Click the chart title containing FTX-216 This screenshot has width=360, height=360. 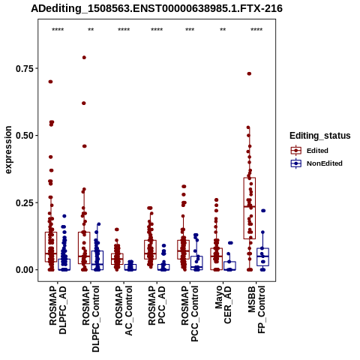157,8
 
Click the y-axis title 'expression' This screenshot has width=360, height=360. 8,150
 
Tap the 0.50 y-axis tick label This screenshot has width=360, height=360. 25,136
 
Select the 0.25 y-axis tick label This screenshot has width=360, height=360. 25,202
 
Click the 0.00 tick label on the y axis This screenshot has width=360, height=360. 25,270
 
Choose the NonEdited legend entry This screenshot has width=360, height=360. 316,163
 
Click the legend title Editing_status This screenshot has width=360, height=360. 320,136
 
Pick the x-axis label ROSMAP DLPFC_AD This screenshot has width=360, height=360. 58,310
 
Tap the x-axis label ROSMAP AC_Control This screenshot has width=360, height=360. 124,310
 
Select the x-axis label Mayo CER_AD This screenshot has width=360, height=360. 223,304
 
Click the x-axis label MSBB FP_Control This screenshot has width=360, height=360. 256,310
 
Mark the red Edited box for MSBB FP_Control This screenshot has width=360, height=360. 250,208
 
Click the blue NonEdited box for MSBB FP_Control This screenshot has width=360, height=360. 262,256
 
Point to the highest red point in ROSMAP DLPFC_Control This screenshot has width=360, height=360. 84,58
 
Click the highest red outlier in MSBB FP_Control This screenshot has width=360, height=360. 249,73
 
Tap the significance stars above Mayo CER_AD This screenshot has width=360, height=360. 223,29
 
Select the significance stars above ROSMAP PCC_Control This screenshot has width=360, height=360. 190,29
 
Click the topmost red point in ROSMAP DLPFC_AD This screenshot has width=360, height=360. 50,82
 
